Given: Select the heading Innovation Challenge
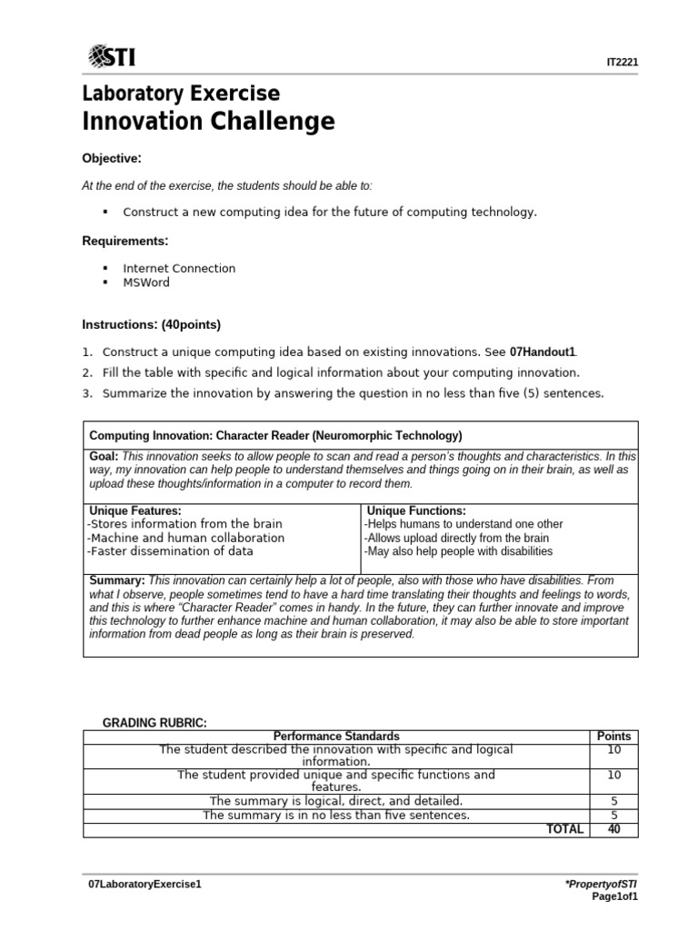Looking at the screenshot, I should (208, 121).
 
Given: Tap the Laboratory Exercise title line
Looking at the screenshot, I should (181, 94).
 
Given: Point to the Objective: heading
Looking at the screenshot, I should (112, 159).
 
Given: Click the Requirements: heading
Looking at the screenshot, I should (125, 241).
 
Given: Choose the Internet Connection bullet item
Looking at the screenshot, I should (179, 268).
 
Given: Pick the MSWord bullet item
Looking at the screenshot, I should (146, 282).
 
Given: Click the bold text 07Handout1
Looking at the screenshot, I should (543, 351).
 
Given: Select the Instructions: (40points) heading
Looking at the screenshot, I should (151, 324).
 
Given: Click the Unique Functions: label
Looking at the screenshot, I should (416, 511).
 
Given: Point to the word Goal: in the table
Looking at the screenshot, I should (105, 456).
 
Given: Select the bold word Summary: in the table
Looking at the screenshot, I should (117, 579).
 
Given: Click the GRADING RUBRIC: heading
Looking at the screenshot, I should (155, 722).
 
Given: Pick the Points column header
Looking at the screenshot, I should (613, 736).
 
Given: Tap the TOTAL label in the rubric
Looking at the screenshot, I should (563, 829).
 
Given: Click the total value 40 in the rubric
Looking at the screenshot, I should (613, 829).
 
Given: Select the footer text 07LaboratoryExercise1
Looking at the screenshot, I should (139, 883).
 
